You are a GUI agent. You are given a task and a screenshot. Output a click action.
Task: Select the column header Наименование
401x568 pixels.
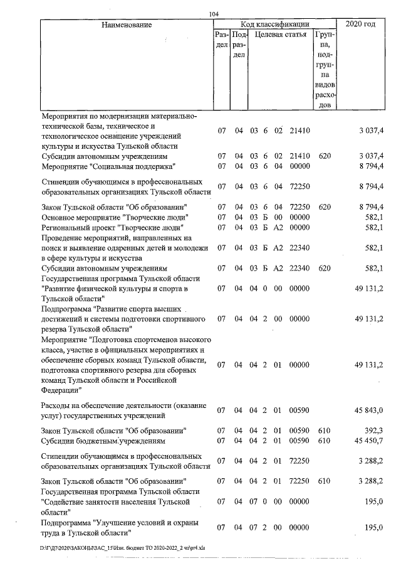(x=125, y=24)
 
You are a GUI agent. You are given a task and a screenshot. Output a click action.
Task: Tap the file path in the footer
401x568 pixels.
(x=87, y=548)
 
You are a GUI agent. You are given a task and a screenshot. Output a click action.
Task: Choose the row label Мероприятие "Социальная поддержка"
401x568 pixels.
(x=108, y=166)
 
